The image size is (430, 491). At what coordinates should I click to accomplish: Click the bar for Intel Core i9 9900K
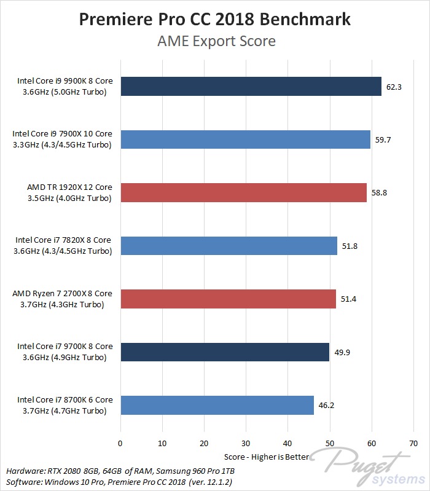(251, 87)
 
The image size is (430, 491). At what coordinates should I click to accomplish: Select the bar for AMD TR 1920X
(243, 193)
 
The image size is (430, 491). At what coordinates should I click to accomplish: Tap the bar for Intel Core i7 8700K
(217, 406)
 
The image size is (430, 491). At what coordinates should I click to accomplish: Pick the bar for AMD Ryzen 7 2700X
(228, 299)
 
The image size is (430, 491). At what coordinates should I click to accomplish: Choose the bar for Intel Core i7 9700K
(225, 352)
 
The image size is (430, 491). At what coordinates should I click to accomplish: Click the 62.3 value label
(394, 87)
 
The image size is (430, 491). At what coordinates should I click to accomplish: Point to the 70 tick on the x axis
(413, 443)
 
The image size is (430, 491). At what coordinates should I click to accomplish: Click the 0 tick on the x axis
(120, 443)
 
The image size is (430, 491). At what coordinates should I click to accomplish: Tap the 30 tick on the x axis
(246, 443)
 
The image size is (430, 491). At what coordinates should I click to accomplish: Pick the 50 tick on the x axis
(330, 443)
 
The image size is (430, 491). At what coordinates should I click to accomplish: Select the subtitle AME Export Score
(214, 41)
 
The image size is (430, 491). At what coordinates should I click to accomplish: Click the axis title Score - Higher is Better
(267, 457)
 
